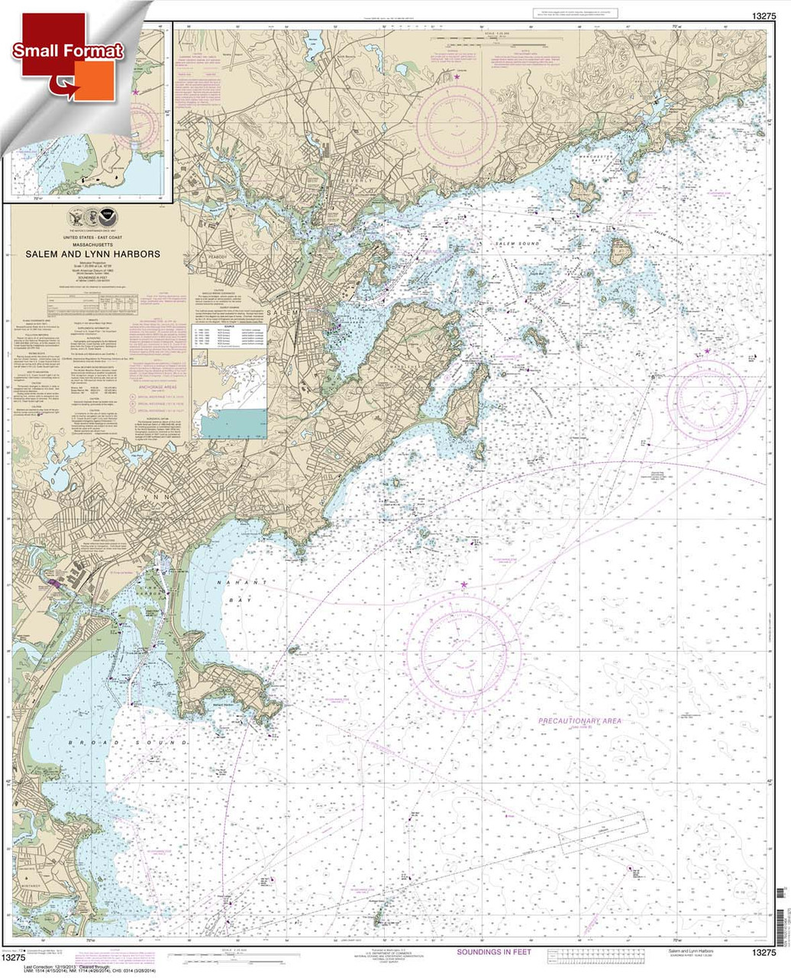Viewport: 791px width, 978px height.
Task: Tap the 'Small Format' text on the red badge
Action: [67, 52]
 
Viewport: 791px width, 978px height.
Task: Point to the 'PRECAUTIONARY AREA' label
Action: [580, 721]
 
